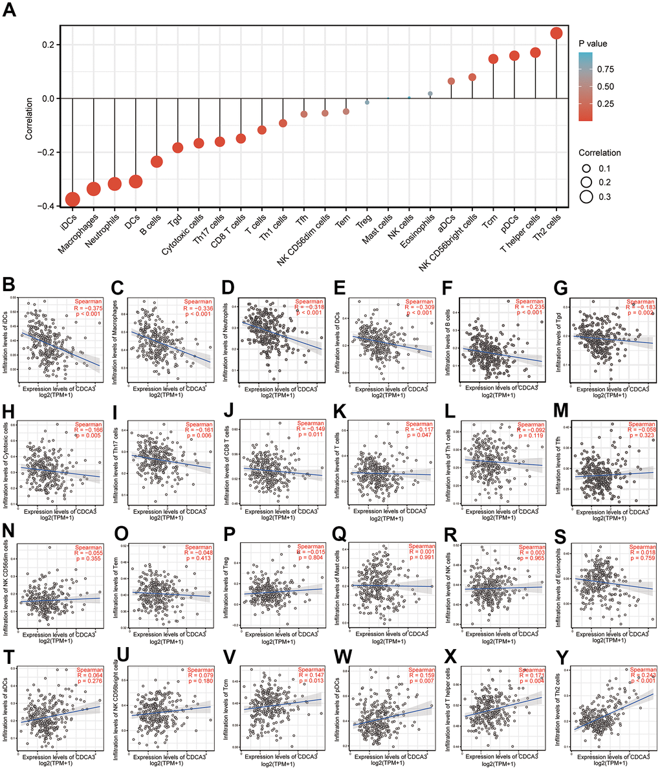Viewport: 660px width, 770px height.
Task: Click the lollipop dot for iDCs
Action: tap(72, 199)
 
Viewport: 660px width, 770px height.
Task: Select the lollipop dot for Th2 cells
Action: tap(556, 33)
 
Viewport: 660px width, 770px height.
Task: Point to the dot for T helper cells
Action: tap(535, 52)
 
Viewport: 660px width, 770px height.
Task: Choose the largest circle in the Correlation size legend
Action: tap(587, 197)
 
